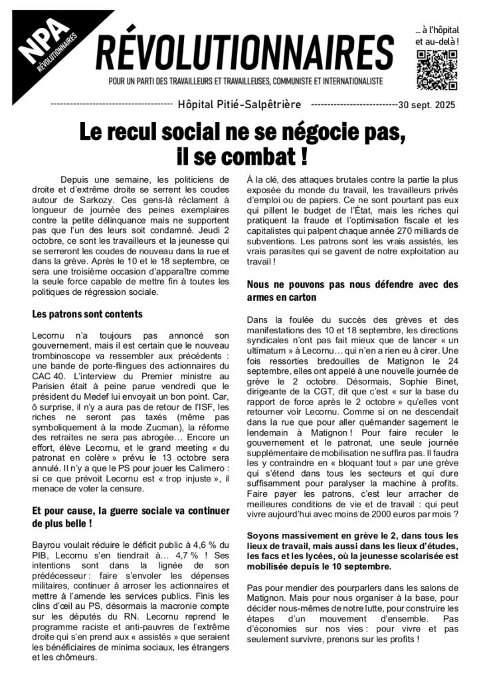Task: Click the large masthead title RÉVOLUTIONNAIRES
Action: point(245,52)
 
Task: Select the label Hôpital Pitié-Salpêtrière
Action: point(240,104)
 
